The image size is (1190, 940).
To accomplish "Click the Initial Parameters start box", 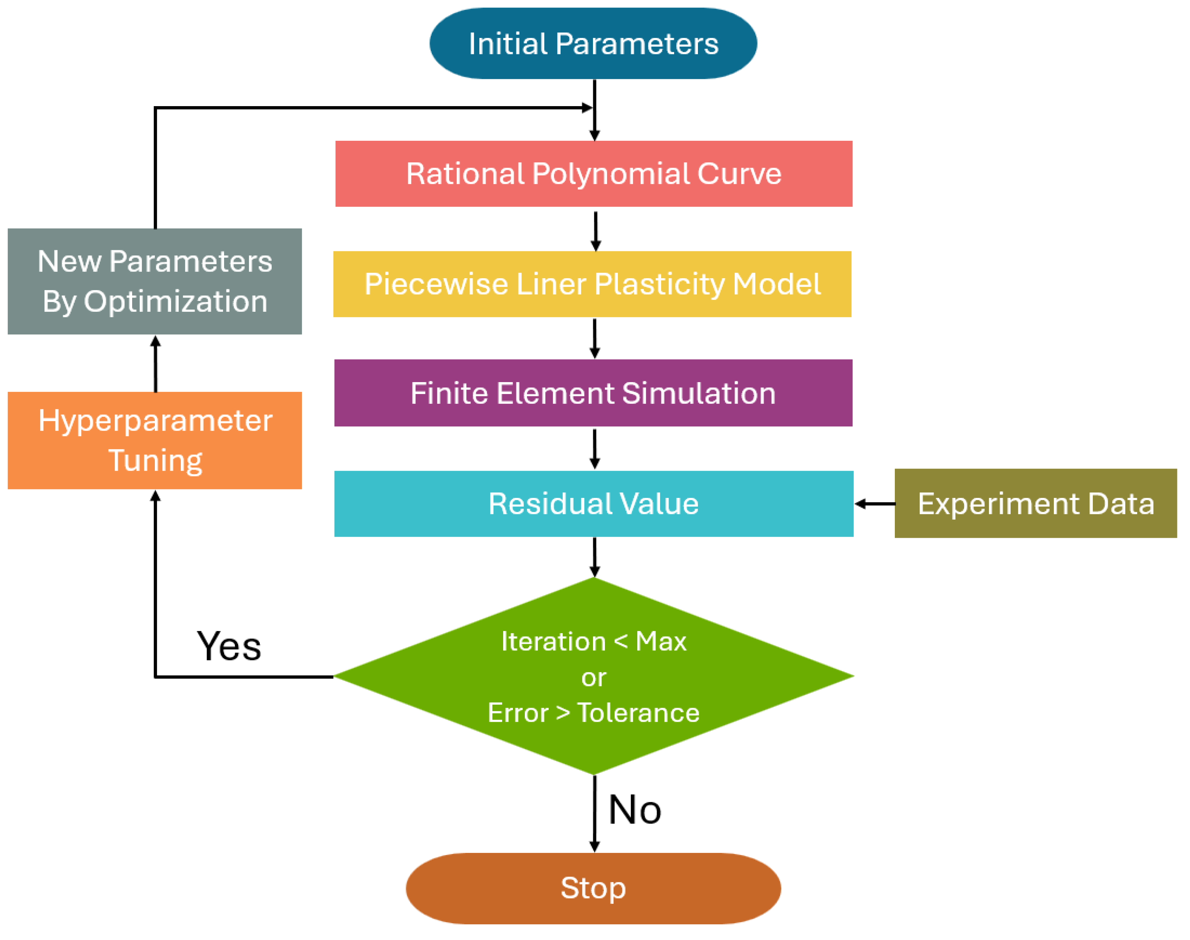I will pos(593,44).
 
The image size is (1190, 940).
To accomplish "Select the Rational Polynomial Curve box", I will pos(593,174).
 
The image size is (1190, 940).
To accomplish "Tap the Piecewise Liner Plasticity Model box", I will pos(592,284).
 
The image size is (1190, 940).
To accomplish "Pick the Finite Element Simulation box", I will pos(593,393).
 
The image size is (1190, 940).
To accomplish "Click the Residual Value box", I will pos(593,504).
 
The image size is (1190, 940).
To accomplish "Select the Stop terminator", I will pos(593,888).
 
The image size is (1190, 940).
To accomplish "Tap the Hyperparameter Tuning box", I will pos(155,440).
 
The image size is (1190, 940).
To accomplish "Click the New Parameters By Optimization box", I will pos(155,281).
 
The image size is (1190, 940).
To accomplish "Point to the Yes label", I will pos(229,646).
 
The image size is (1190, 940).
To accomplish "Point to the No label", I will pos(635,810).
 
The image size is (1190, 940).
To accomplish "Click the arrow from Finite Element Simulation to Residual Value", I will pos(594,448).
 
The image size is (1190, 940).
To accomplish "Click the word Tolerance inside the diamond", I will pos(638,713).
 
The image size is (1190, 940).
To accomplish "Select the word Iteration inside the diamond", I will pos(553,642).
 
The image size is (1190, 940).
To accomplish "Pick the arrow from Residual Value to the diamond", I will pos(594,556).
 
